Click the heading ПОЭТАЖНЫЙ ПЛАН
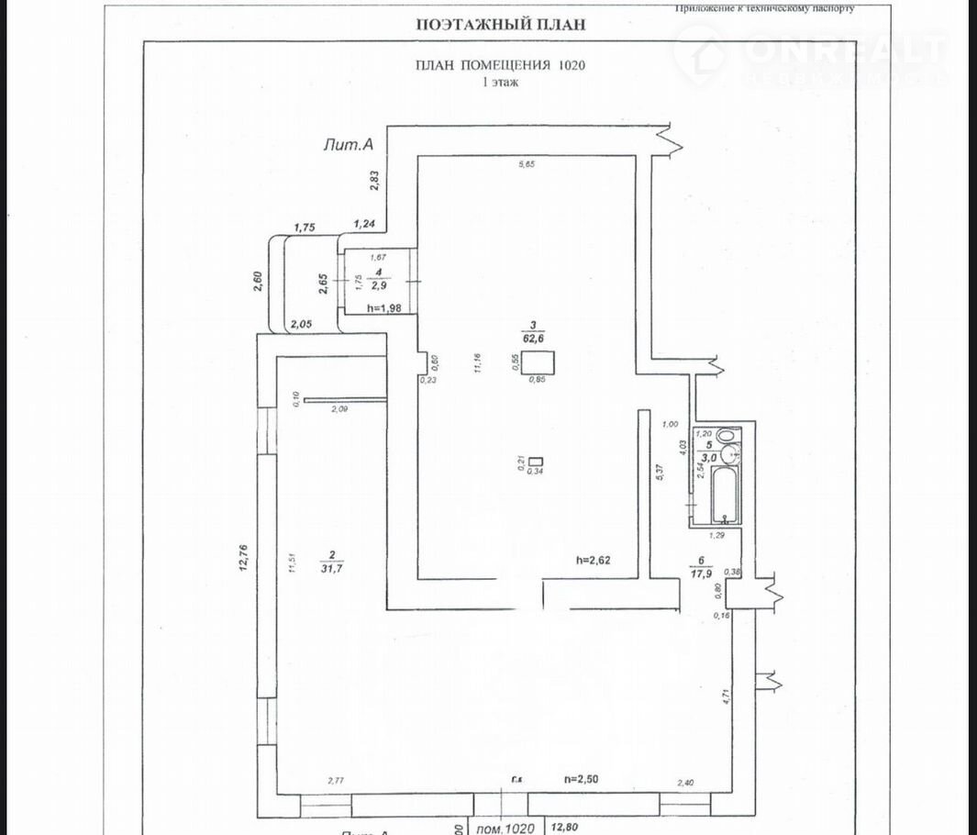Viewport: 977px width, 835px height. click(500, 25)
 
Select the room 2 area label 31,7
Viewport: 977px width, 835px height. click(331, 565)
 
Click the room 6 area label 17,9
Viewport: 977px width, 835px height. click(702, 574)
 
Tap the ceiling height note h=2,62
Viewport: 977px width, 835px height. click(593, 559)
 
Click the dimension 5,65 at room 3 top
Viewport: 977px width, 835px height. click(527, 165)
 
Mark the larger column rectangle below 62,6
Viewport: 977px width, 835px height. click(537, 361)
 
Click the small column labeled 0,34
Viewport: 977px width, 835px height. click(537, 462)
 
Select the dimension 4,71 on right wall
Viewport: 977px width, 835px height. click(725, 696)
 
